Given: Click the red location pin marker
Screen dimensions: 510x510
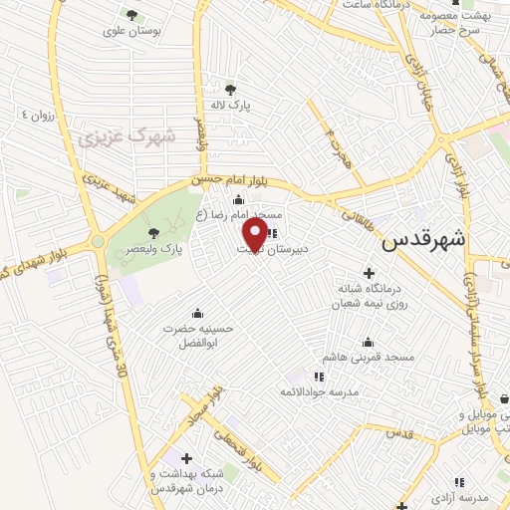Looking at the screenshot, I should pyautogui.click(x=255, y=235).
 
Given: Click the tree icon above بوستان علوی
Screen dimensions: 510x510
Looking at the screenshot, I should pyautogui.click(x=130, y=14).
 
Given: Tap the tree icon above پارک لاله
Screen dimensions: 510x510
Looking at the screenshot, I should pyautogui.click(x=232, y=87).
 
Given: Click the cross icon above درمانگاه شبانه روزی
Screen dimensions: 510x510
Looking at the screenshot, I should pyautogui.click(x=370, y=272).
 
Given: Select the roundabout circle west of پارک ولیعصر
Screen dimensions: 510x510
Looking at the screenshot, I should pyautogui.click(x=98, y=241).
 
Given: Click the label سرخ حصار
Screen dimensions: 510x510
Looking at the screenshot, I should pyautogui.click(x=460, y=31).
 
